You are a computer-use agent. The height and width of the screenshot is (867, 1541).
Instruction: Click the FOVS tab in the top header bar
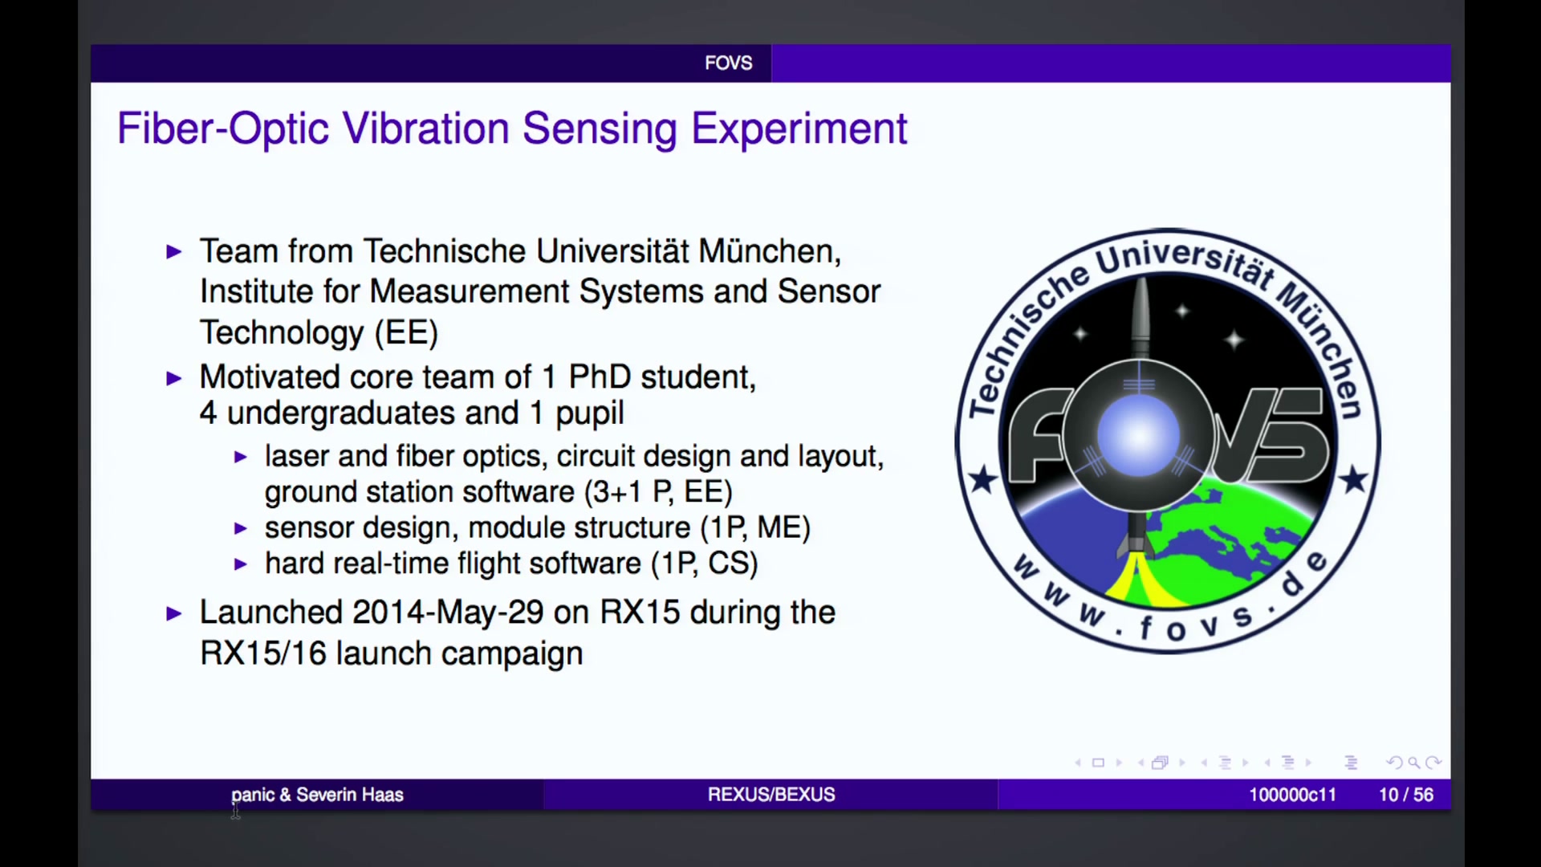coord(729,63)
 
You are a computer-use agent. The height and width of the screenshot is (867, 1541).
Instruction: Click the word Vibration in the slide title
coord(426,128)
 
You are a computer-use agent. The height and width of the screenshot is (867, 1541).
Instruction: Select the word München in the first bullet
coord(770,251)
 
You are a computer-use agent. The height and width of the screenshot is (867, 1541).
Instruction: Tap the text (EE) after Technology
coord(407,332)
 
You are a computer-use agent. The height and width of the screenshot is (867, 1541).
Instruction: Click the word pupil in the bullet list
coord(590,413)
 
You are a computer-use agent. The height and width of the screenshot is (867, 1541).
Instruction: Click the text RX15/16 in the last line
coord(263,653)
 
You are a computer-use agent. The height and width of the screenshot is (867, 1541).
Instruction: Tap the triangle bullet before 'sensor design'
coord(240,528)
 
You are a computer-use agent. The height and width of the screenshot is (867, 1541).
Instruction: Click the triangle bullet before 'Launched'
coord(174,614)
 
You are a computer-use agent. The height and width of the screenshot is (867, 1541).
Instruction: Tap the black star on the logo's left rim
coord(982,480)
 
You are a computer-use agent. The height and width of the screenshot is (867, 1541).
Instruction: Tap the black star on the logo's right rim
coord(1354,479)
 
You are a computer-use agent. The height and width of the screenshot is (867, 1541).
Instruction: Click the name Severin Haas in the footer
coord(350,795)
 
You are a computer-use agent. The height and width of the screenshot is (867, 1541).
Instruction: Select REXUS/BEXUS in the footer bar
coord(771,795)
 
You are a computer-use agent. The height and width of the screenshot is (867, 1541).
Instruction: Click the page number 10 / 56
coord(1406,795)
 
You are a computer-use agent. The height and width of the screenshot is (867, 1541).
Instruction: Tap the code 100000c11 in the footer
coord(1292,795)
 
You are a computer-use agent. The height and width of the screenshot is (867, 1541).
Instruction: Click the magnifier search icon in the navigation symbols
coord(1413,763)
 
